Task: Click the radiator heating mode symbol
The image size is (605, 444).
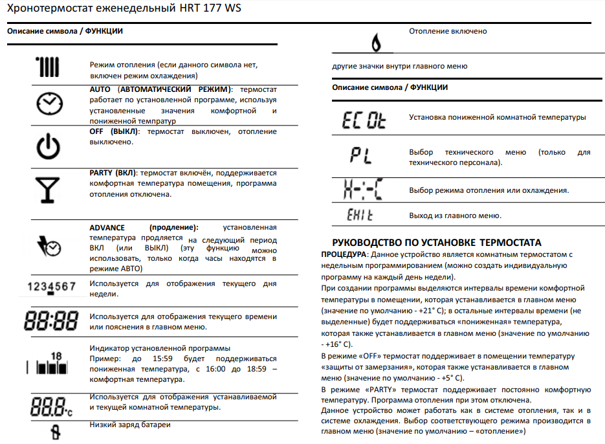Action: (49, 66)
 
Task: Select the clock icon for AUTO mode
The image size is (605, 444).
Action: (49, 104)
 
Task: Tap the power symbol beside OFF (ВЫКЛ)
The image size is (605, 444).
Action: (49, 147)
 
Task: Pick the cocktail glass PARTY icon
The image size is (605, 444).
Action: (49, 188)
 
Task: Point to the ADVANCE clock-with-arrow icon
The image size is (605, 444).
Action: (49, 245)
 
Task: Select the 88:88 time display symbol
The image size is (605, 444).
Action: (50, 320)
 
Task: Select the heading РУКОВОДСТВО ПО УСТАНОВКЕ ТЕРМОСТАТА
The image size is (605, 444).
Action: (436, 243)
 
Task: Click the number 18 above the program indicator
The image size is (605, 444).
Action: (56, 355)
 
